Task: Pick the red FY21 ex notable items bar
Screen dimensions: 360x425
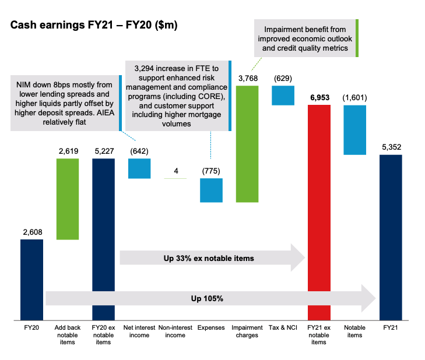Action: (319, 213)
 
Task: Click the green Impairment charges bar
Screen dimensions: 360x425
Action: (247, 143)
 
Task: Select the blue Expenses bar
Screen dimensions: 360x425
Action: (211, 190)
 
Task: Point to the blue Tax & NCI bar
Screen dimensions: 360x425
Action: (283, 96)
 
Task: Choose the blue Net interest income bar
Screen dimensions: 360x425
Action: (139, 168)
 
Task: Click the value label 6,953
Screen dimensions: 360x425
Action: (318, 97)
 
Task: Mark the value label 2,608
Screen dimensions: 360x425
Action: (32, 232)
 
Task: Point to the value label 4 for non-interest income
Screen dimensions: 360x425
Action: (175, 171)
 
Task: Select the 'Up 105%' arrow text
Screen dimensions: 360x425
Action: (207, 298)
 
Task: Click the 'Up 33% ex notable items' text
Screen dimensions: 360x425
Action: (209, 257)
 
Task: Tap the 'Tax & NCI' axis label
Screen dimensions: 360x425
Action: (283, 328)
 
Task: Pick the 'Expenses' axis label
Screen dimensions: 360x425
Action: (211, 328)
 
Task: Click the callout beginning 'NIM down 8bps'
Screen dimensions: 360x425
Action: (68, 101)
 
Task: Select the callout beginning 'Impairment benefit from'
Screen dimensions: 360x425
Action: (305, 38)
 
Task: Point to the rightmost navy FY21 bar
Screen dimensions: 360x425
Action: (390, 237)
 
